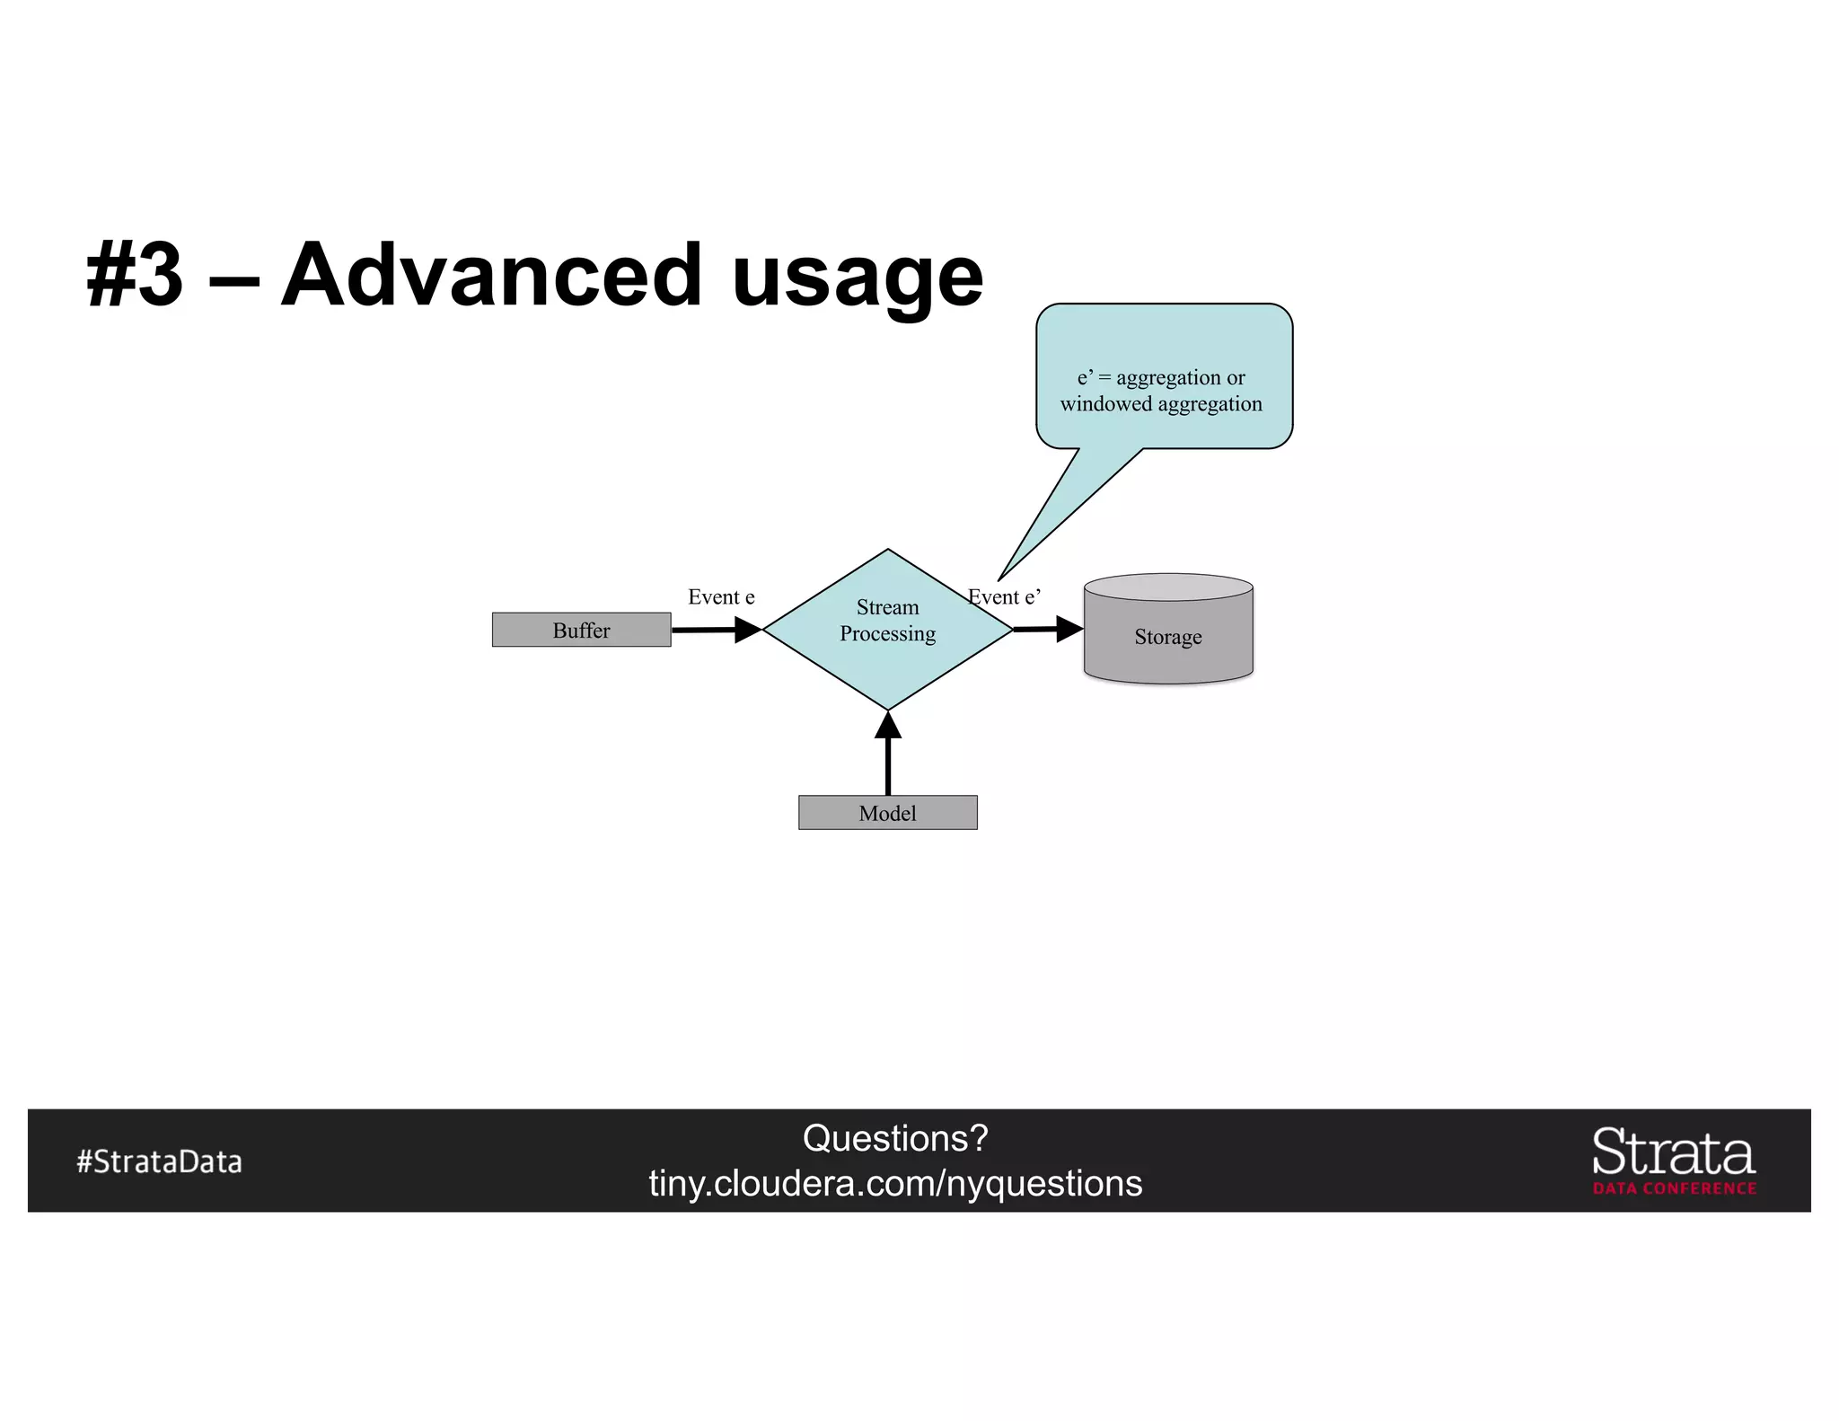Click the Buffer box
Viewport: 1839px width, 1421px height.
pyautogui.click(x=581, y=630)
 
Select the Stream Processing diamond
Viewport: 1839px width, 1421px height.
pyautogui.click(x=887, y=629)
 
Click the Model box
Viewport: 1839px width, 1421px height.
pyautogui.click(x=887, y=813)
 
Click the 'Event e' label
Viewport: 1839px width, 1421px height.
pyautogui.click(x=721, y=597)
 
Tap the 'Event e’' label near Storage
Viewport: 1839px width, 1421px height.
pyautogui.click(x=1005, y=597)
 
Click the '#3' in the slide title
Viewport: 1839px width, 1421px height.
pyautogui.click(x=135, y=275)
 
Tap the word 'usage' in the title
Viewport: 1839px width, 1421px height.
pyautogui.click(x=858, y=278)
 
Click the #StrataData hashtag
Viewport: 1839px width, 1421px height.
pyautogui.click(x=160, y=1161)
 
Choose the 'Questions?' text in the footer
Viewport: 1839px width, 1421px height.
pyautogui.click(x=895, y=1138)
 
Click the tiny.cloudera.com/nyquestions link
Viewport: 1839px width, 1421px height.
pyautogui.click(x=895, y=1184)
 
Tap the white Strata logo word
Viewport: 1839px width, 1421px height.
pyautogui.click(x=1673, y=1152)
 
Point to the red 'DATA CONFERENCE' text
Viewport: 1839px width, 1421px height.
pyautogui.click(x=1674, y=1188)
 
